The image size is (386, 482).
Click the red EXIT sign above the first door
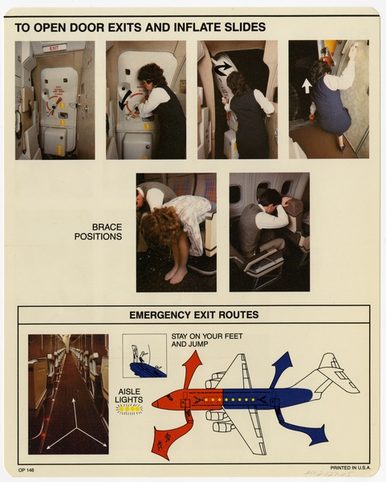pyautogui.click(x=55, y=48)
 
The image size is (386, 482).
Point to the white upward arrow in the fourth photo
pyautogui.click(x=307, y=85)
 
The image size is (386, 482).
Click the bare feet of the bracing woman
pyautogui.click(x=176, y=275)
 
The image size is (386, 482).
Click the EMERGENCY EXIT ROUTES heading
pyautogui.click(x=193, y=314)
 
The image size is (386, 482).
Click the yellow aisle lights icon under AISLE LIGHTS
pyautogui.click(x=128, y=409)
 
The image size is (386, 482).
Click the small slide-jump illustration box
pyautogui.click(x=144, y=355)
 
